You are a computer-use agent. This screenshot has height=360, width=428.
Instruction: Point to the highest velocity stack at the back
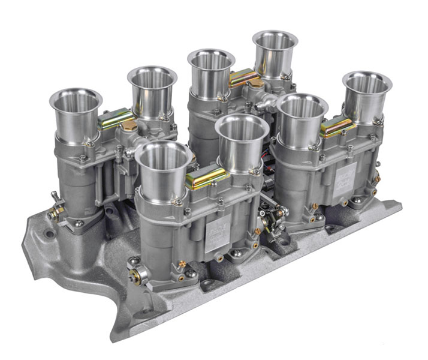(275, 42)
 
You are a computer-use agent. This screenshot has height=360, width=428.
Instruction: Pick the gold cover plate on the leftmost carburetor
(116, 118)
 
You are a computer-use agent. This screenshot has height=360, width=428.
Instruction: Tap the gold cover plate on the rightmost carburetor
(337, 126)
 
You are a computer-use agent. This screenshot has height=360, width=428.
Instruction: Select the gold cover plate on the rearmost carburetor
(244, 77)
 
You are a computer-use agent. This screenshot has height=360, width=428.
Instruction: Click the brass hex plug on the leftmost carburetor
(129, 125)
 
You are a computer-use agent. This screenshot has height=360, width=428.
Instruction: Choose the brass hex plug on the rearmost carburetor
(257, 84)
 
